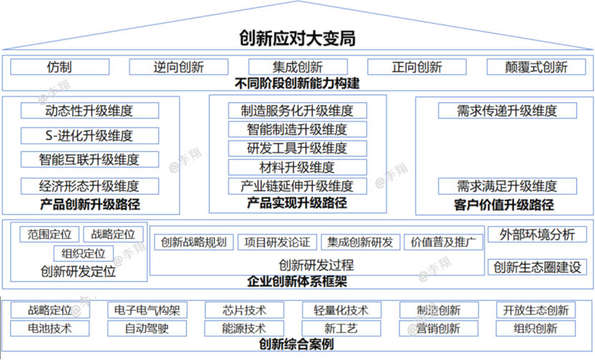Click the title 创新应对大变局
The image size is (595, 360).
pos(297,39)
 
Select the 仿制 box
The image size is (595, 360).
pos(60,67)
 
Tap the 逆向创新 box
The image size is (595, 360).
pos(179,67)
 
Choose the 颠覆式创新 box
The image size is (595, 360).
pos(536,67)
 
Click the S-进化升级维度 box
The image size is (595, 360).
pos(90,136)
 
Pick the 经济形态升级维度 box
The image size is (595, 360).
pos(90,186)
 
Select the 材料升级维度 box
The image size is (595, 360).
pos(298,167)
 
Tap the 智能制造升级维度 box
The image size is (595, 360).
pos(298,130)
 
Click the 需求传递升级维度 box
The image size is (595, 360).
pos(508,111)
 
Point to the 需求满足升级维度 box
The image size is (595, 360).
pos(508,186)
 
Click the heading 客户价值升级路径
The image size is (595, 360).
pos(504,205)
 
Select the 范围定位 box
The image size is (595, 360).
pos(49,235)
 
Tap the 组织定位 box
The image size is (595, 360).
pos(84,253)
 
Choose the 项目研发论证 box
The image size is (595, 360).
pos(277,243)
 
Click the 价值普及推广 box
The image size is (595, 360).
pos(443,243)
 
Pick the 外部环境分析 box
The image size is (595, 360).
pos(537,235)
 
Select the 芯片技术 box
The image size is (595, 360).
pos(244,311)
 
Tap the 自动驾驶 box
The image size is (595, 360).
pos(147,329)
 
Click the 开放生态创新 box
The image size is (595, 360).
pos(536,311)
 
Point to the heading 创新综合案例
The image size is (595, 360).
pos(296,344)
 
